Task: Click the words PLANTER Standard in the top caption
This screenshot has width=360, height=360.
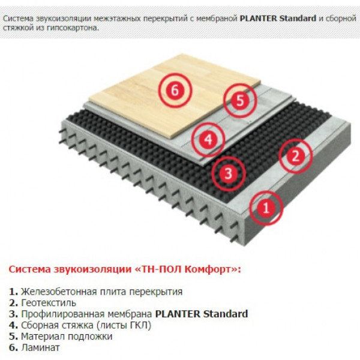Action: tap(278, 18)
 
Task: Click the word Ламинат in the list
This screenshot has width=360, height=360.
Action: tap(40, 347)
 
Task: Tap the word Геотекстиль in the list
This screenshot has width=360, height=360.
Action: tap(49, 303)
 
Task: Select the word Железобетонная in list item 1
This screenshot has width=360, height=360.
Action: tap(59, 292)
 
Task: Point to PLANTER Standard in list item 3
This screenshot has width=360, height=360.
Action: tap(202, 314)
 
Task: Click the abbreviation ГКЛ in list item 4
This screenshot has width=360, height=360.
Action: tap(140, 325)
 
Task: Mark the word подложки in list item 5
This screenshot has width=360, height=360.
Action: tap(90, 337)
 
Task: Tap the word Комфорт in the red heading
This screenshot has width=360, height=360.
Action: tap(208, 269)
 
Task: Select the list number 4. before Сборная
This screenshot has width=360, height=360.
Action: tap(14, 325)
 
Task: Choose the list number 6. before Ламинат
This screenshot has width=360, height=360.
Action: tap(14, 347)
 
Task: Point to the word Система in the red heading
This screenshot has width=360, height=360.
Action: tap(29, 269)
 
